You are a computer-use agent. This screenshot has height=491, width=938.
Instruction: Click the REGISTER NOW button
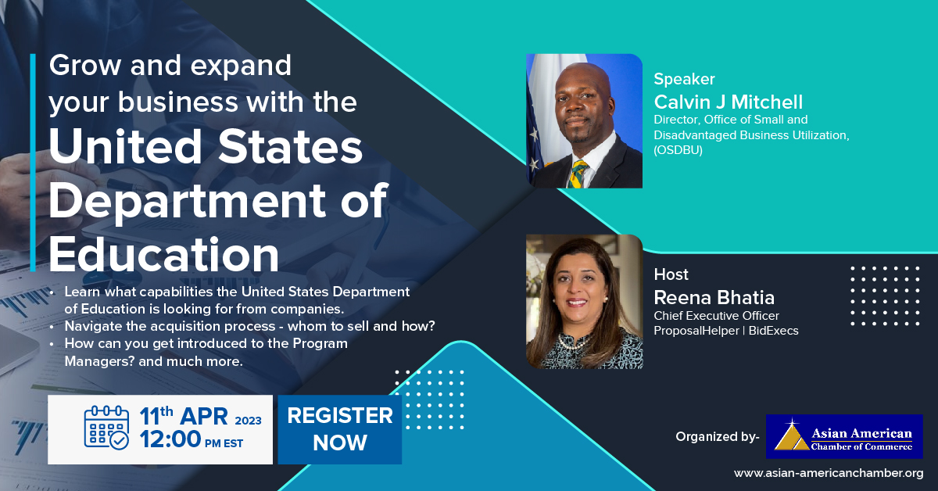(x=339, y=429)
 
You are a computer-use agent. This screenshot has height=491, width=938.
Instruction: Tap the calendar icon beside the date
(x=106, y=429)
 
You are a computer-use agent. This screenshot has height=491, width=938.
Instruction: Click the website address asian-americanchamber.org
(x=829, y=473)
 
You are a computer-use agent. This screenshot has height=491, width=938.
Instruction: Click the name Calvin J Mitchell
(x=729, y=102)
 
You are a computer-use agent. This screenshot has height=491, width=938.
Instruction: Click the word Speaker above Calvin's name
(x=684, y=79)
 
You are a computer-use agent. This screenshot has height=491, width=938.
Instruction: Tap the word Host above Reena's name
(x=671, y=274)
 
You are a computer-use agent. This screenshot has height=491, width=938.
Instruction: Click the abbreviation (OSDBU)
(x=678, y=150)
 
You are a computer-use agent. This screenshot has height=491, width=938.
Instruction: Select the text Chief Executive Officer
(x=714, y=316)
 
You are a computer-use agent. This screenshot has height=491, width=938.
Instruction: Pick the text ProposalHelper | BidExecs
(x=725, y=331)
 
